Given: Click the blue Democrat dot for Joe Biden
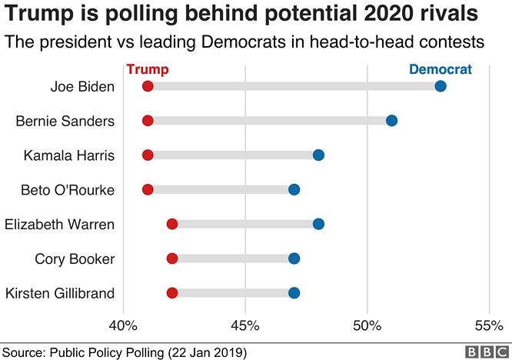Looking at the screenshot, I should coord(441,85).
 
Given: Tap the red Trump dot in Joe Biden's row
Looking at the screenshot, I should coord(148,85).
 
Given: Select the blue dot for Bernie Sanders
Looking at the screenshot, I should coord(391,120).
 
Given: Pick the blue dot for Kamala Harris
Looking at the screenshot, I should coord(318,155).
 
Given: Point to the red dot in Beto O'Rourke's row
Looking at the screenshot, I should coord(148,189).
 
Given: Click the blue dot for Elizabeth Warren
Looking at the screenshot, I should coord(318,224).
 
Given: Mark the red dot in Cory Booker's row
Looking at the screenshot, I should coord(172,258).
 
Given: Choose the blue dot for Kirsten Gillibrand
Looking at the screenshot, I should coord(294,292).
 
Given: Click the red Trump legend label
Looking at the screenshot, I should coord(148,69).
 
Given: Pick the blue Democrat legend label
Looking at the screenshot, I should coord(441,69).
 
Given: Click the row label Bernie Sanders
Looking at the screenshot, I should coord(65,121).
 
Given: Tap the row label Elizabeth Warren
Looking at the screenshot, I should coord(59,224).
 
